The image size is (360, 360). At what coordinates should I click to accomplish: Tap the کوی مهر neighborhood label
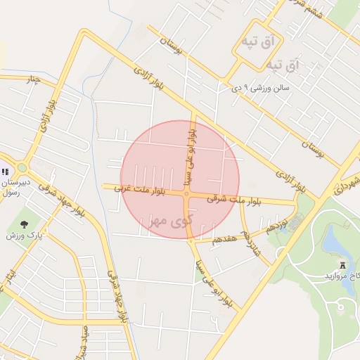pyautogui.click(x=171, y=221)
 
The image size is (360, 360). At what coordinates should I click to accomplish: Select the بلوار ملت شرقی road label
pyautogui.click(x=235, y=200)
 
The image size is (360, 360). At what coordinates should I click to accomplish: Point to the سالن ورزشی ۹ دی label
pyautogui.click(x=262, y=88)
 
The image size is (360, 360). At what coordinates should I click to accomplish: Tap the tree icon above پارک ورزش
pyautogui.click(x=25, y=224)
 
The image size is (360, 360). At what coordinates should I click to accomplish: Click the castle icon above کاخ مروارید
pyautogui.click(x=343, y=265)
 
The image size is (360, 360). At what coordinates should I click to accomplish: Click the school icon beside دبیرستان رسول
pyautogui.click(x=6, y=172)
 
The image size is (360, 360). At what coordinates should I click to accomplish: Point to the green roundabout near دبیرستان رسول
pyautogui.click(x=22, y=167)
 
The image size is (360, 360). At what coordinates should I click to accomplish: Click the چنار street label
pyautogui.click(x=32, y=79)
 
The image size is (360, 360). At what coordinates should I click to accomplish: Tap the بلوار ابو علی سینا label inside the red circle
pyautogui.click(x=188, y=153)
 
